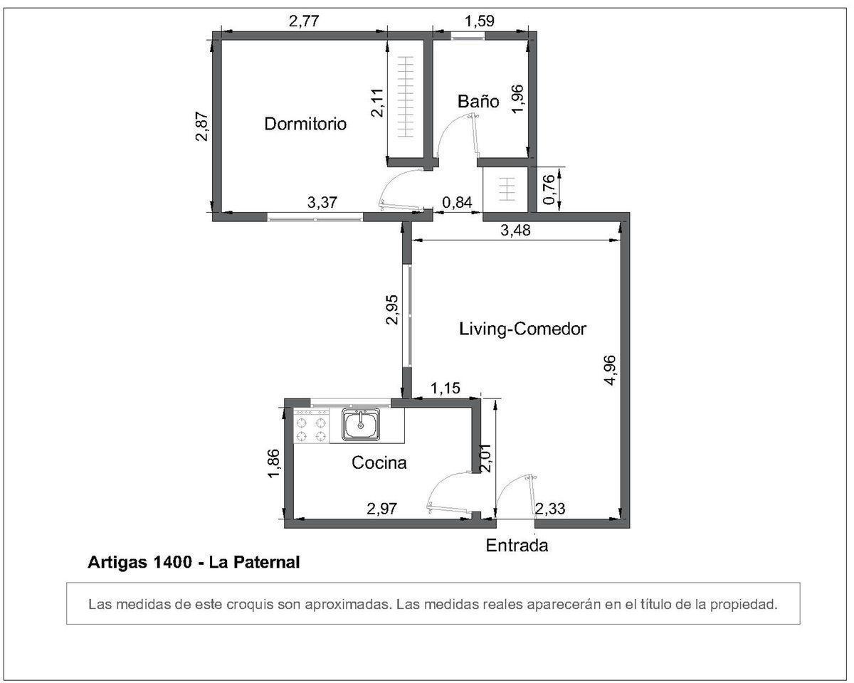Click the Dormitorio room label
pos(305,124)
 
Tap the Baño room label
pos(478,102)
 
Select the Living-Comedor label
pos(522,329)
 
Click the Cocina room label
pos(379,463)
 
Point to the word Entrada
pos(517,546)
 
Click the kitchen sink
pos(362,425)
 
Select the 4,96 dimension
pos(610,370)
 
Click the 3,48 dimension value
pos(517,231)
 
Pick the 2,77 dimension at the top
pos(304,21)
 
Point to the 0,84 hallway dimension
pos(457,203)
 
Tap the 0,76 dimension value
pos(549,189)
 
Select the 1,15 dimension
pos(446,388)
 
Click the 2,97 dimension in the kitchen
pos(381,508)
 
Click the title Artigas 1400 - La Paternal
pos(194,563)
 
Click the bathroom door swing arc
pos(455,135)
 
